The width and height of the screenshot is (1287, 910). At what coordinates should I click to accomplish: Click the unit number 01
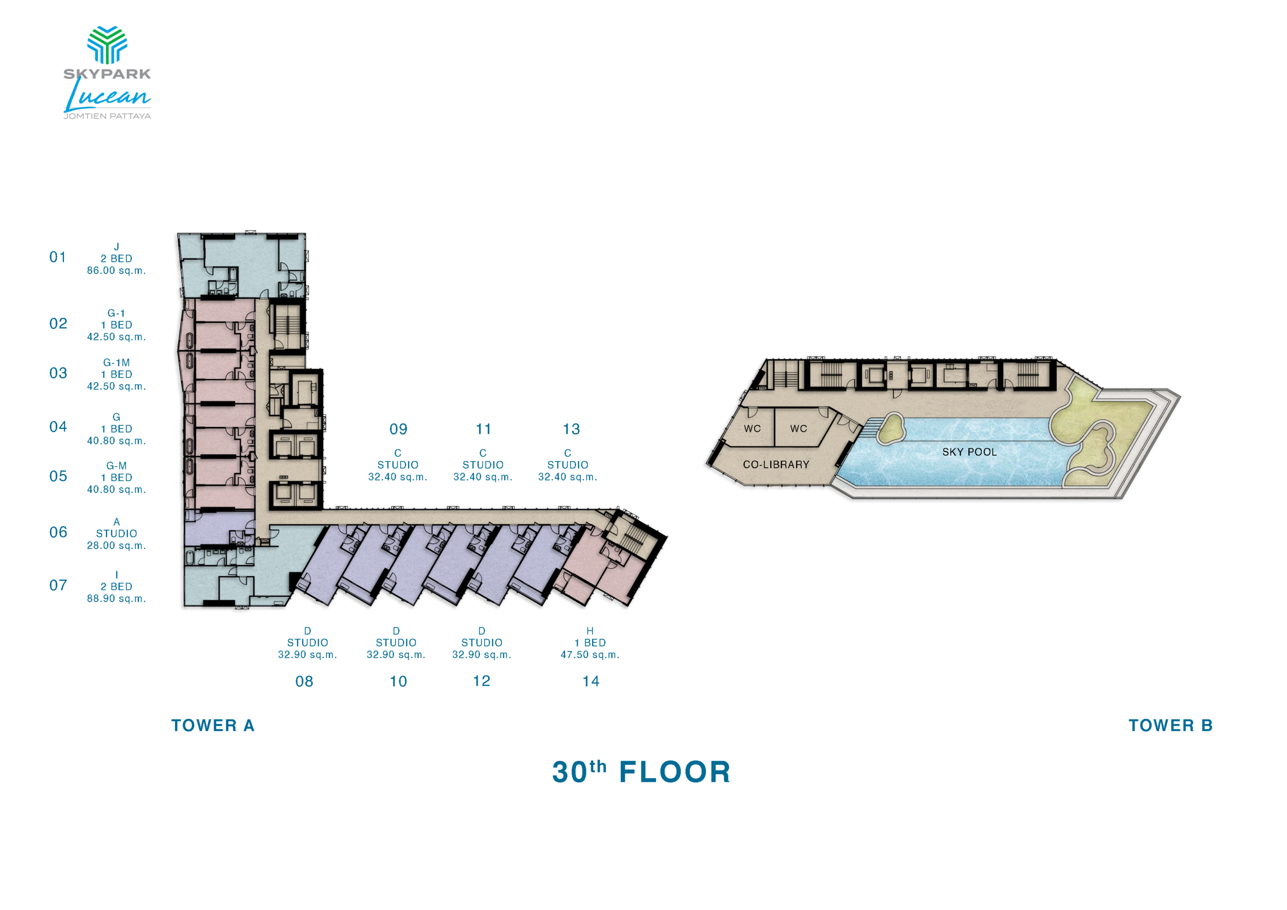(x=58, y=257)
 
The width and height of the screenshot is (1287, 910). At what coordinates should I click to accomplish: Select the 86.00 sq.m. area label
(x=117, y=270)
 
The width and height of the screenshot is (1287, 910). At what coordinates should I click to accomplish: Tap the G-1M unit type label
(x=117, y=363)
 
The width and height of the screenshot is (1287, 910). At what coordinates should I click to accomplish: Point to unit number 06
(x=58, y=532)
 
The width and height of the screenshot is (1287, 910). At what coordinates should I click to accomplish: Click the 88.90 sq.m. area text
(x=117, y=598)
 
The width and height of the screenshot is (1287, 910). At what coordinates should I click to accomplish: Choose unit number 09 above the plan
(x=399, y=429)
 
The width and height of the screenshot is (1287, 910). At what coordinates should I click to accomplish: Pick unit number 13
(x=572, y=429)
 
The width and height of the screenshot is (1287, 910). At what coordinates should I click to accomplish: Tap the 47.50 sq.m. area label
(x=590, y=654)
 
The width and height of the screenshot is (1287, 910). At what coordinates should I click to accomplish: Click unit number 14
(x=591, y=681)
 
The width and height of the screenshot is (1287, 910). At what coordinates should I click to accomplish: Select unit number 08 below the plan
(x=304, y=681)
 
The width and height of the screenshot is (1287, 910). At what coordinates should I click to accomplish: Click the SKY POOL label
(x=970, y=452)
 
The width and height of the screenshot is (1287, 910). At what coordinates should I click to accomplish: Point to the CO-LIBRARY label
(x=776, y=465)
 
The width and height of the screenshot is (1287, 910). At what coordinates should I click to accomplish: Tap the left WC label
(x=752, y=429)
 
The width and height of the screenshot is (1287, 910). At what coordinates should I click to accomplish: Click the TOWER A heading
(x=213, y=725)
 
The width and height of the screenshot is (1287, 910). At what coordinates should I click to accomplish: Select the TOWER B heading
(x=1171, y=725)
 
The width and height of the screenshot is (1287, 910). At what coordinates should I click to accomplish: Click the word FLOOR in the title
(x=676, y=772)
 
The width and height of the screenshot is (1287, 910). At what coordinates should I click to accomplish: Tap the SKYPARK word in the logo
(x=107, y=73)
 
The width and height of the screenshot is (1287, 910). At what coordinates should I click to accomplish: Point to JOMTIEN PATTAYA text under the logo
(x=107, y=116)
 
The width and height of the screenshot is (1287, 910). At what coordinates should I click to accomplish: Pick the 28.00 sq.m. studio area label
(x=117, y=545)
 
